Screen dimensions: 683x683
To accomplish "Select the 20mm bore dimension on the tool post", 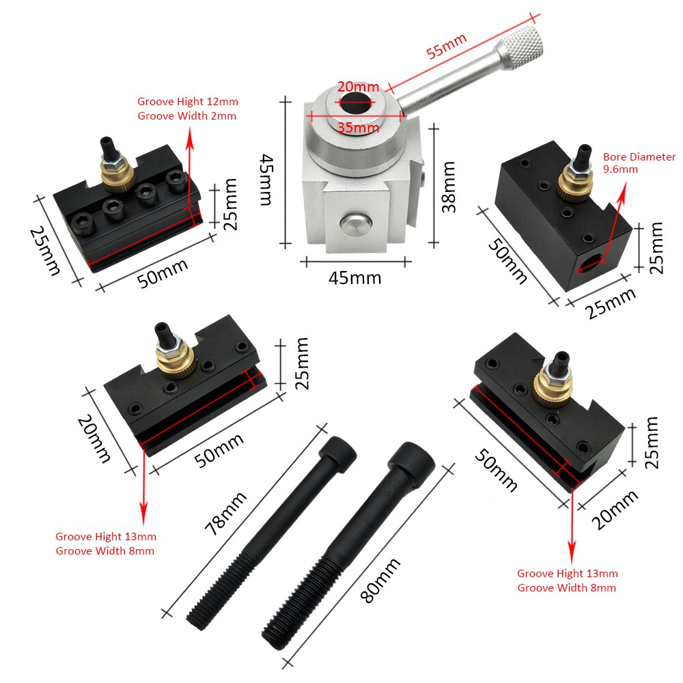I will click(x=357, y=87).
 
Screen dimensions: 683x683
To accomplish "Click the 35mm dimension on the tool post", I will click(x=357, y=127).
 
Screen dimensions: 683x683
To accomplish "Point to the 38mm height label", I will click(x=448, y=186).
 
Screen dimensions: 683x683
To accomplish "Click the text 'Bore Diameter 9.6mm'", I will click(x=639, y=163).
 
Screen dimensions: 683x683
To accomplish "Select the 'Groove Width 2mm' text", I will click(x=186, y=115).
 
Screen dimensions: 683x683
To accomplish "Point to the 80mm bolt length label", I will click(x=378, y=579).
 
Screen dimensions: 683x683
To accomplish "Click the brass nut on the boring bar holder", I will click(x=570, y=182).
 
